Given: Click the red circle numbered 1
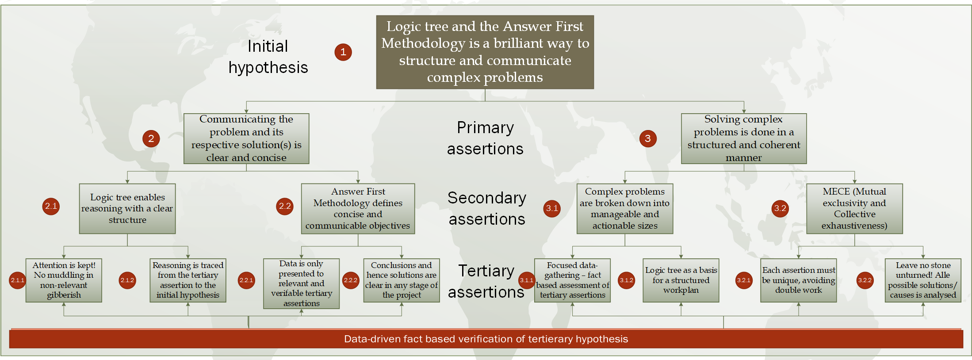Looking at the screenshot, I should coord(343,52).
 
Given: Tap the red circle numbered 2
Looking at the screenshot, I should coord(151,139).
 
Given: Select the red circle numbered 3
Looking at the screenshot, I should coord(647,139).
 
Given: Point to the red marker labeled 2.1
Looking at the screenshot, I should coord(51,206).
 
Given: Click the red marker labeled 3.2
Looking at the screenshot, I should coord(780,208).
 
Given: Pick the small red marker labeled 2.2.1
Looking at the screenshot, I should coord(246,280).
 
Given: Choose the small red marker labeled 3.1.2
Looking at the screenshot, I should coord(626,280).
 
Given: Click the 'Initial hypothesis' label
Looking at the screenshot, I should coord(268,57).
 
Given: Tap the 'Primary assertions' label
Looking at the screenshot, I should coord(485,138).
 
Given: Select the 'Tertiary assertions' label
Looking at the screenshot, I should coord(486,281).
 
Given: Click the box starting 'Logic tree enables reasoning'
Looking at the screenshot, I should coord(127,208).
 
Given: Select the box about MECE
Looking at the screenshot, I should coord(854,208).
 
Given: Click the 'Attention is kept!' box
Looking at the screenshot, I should coord(64,280).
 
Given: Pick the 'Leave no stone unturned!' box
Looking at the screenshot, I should coord(923,280).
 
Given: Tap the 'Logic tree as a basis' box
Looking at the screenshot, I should coord(681,280).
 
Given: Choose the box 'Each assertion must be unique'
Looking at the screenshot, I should coord(798,280).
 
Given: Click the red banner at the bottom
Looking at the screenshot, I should coord(486,339).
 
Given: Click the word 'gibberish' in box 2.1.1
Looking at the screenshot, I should coord(64,295).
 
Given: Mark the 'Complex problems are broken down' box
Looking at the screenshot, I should coord(624,208).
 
